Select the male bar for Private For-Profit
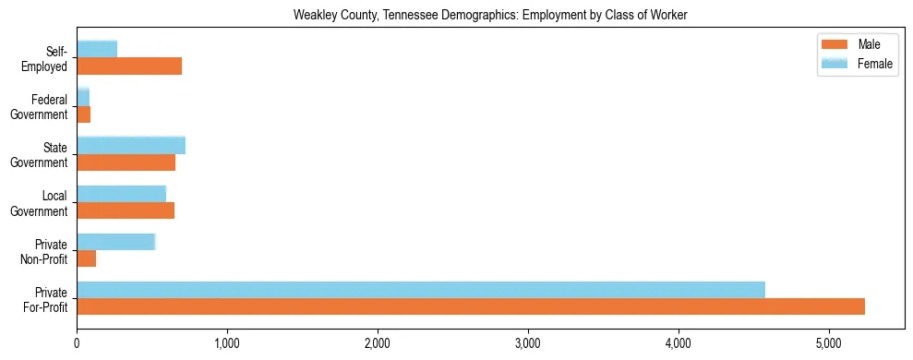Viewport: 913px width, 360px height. click(471, 306)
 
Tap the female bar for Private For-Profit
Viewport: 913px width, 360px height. click(421, 290)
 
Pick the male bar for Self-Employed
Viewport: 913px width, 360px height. click(129, 66)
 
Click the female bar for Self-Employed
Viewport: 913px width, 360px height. click(97, 49)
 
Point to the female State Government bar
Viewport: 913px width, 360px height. click(131, 145)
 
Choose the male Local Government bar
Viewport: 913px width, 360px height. click(126, 210)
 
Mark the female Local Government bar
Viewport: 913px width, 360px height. click(121, 193)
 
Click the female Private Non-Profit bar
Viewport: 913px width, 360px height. click(115, 241)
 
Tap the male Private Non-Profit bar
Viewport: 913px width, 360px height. click(87, 258)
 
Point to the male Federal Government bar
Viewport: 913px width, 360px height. click(84, 114)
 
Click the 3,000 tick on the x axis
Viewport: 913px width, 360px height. click(528, 343)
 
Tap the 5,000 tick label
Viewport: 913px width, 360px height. click(829, 343)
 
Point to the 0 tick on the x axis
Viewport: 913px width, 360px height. click(77, 343)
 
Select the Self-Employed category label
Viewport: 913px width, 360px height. click(45, 58)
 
